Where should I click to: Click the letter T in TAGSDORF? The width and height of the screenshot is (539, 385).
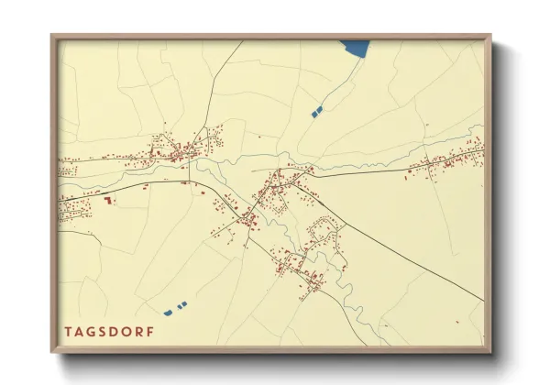(x=68, y=331)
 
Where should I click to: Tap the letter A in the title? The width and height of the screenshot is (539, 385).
(x=81, y=331)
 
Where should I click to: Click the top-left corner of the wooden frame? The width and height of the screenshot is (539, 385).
(x=52, y=36)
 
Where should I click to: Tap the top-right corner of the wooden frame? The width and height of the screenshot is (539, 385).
(x=489, y=36)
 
